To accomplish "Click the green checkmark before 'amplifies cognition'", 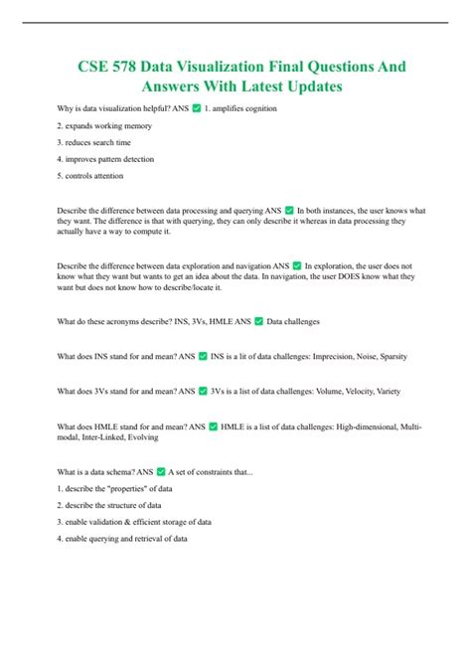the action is click(196, 107).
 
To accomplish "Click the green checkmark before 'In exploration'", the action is click(295, 265).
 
